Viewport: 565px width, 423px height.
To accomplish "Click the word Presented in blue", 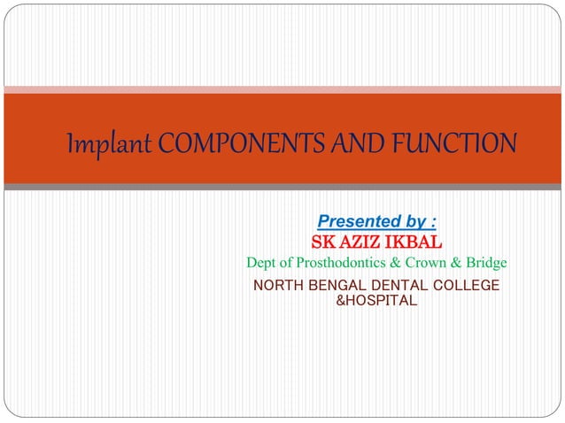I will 355,220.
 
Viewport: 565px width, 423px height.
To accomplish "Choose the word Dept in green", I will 263,264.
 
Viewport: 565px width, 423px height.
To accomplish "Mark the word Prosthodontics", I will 343,264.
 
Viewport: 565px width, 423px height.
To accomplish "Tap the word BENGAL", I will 337,285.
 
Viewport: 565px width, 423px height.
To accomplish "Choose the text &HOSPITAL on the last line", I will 375,301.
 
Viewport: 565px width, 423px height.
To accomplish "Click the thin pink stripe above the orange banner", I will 282,88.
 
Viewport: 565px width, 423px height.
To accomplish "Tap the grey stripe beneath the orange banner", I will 282,187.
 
